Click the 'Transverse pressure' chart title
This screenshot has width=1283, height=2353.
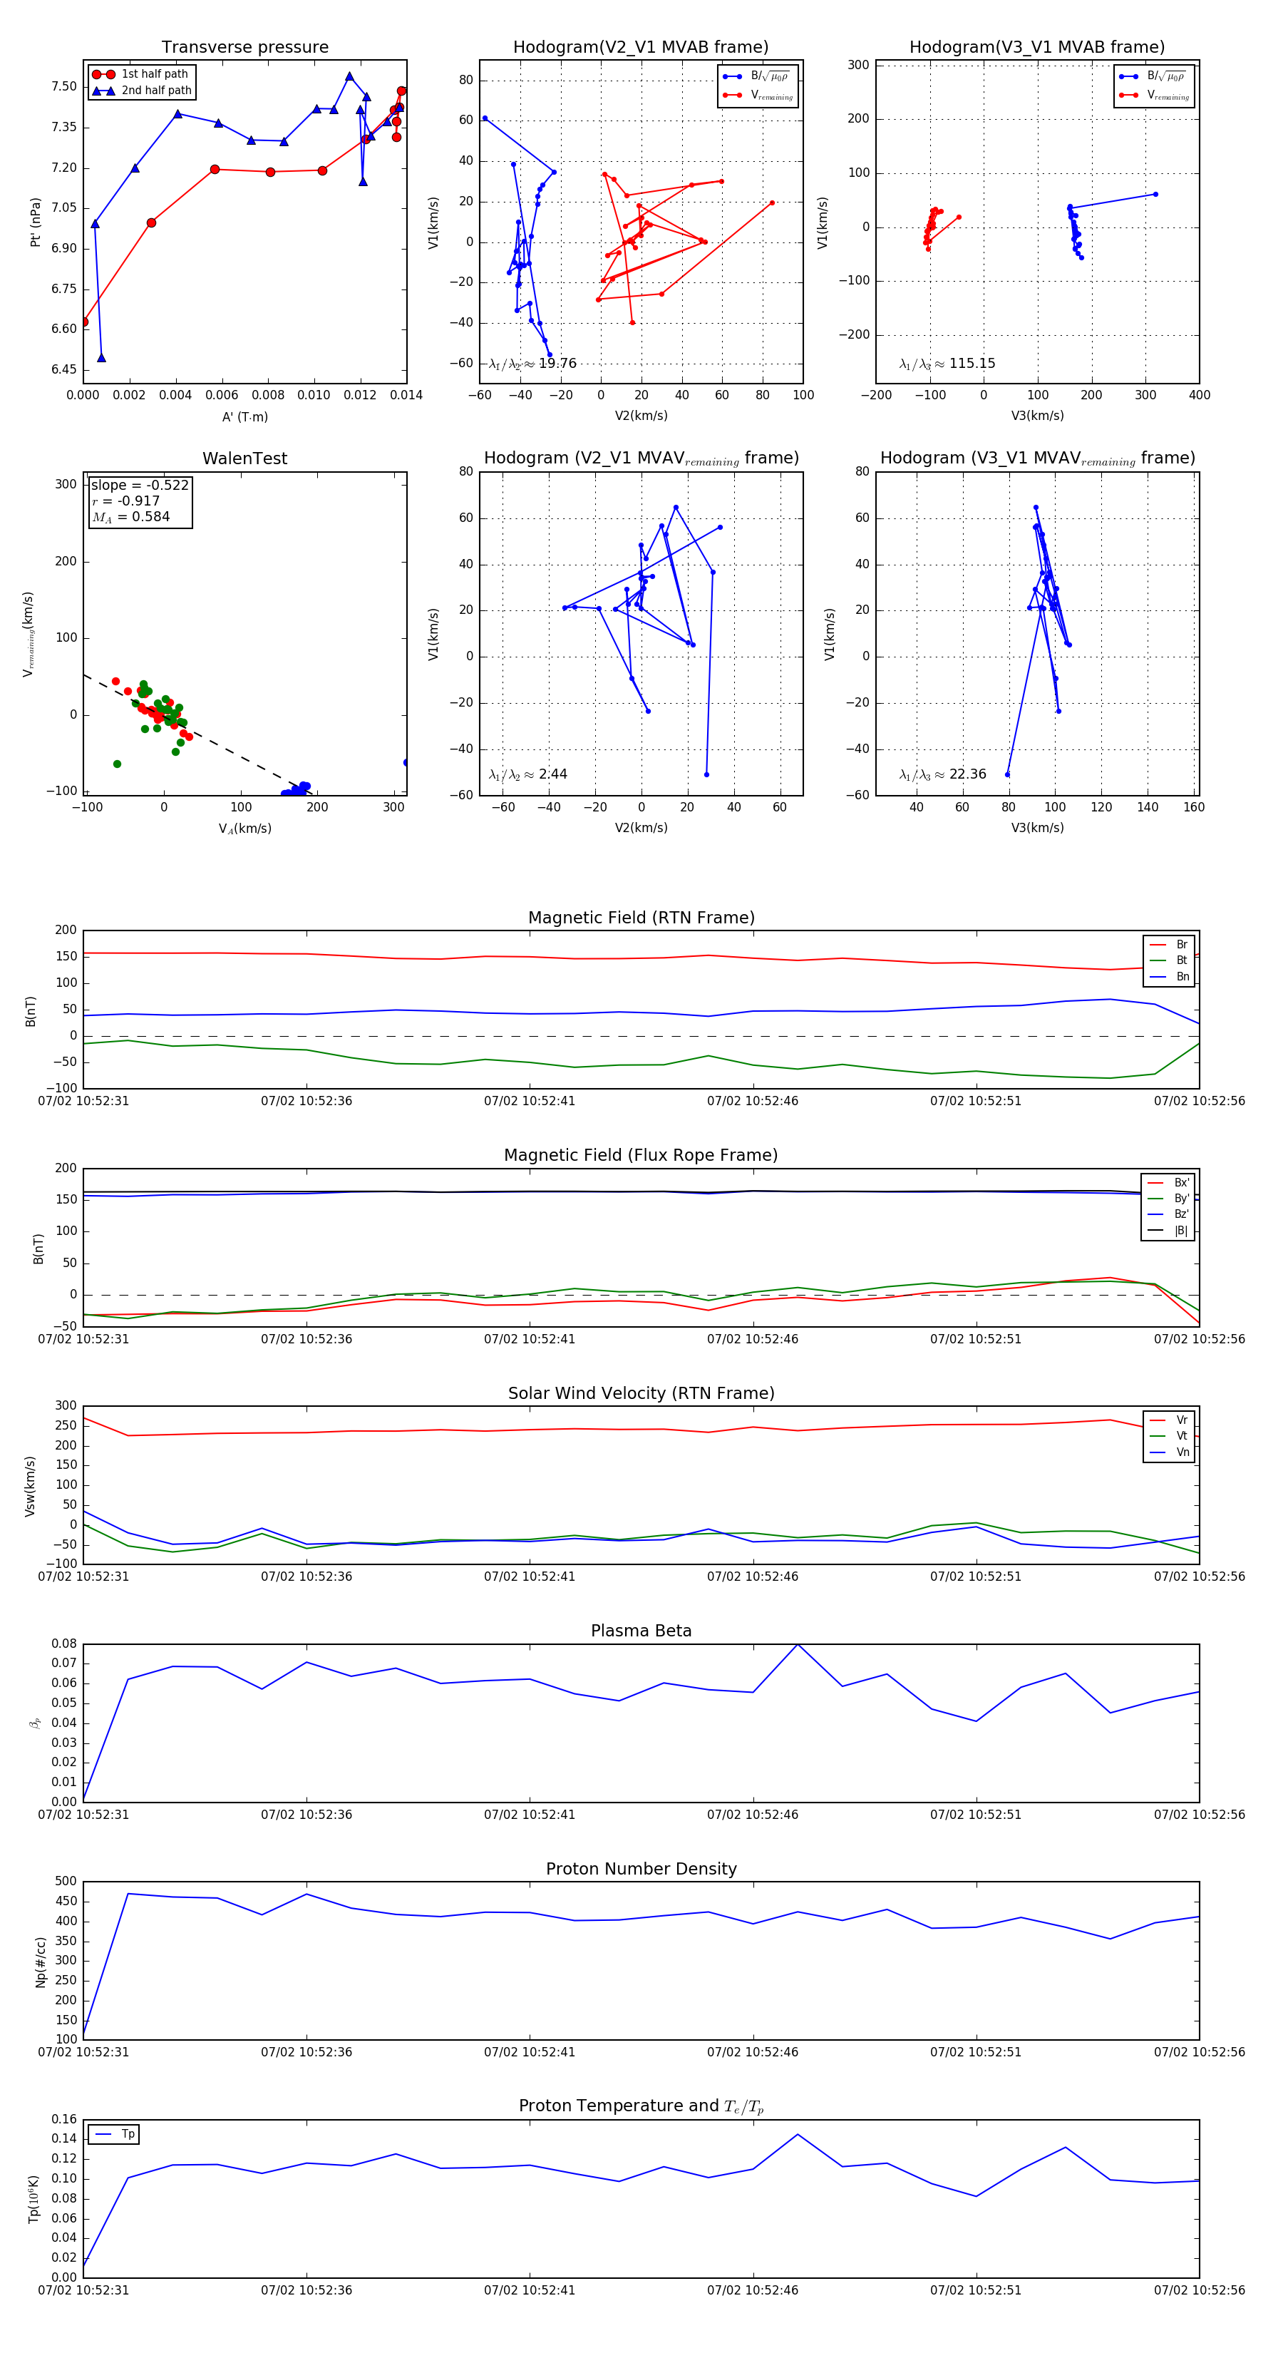click(x=244, y=48)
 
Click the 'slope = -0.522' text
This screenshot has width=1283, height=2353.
click(x=139, y=485)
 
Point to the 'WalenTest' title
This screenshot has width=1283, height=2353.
click(x=244, y=458)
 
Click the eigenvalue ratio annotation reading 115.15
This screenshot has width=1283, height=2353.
click(x=947, y=364)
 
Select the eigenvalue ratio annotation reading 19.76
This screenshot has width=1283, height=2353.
click(x=532, y=364)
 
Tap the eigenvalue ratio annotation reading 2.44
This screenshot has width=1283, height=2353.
click(x=527, y=774)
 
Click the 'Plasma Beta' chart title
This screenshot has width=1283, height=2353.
click(x=641, y=1631)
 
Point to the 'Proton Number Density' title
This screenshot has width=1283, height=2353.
click(x=641, y=1869)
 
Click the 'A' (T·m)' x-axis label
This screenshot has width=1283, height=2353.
click(x=244, y=416)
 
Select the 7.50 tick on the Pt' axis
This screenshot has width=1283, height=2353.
click(x=64, y=87)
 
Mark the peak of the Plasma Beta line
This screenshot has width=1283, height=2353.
click(x=797, y=1645)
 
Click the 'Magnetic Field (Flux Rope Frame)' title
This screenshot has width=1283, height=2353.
click(x=641, y=1156)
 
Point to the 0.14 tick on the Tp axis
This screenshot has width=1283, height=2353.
click(x=64, y=2138)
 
